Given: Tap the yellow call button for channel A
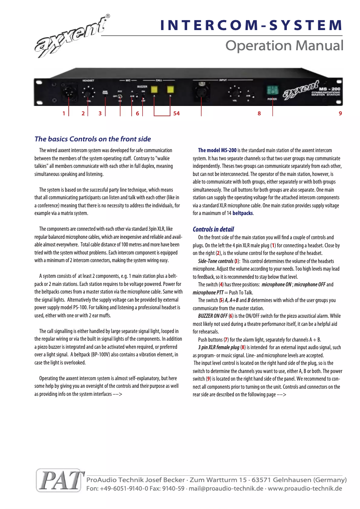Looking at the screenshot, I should coord(154,89).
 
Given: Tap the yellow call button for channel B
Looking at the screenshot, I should coord(171,89).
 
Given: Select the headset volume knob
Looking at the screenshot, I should coord(88,93).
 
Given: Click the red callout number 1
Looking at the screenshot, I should coord(64,114).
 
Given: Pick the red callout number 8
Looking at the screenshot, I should coord(259,114).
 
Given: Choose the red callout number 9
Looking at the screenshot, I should coord(340,114).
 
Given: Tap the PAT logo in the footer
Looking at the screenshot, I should coord(61,481).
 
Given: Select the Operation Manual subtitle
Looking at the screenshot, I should coord(284,46).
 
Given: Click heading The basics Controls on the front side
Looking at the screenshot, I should coord(92,139).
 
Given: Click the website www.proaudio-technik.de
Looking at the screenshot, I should coord(305,488).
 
